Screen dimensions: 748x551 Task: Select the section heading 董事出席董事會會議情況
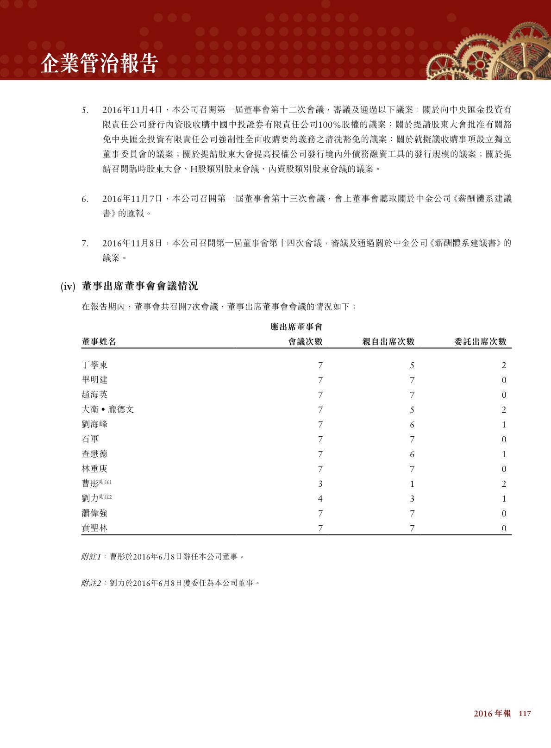[139, 286]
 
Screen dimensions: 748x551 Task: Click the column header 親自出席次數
[388, 342]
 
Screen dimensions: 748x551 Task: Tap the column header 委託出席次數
[480, 342]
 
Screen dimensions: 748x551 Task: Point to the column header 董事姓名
[99, 342]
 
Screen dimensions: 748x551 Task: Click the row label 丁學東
[94, 365]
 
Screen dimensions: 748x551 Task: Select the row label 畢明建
[94, 380]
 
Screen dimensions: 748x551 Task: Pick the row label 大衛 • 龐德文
[108, 409]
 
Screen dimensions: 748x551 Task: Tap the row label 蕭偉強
[94, 513]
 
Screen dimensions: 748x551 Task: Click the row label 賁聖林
[94, 528]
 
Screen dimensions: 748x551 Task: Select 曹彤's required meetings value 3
[320, 484]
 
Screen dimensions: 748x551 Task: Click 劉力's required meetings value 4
[320, 499]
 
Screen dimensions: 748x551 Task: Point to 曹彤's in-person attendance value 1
[412, 484]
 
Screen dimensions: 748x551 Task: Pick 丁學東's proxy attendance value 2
[504, 365]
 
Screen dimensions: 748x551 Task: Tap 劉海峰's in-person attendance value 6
[412, 425]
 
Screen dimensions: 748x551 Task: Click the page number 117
[525, 714]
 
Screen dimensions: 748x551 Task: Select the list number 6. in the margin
[85, 200]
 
